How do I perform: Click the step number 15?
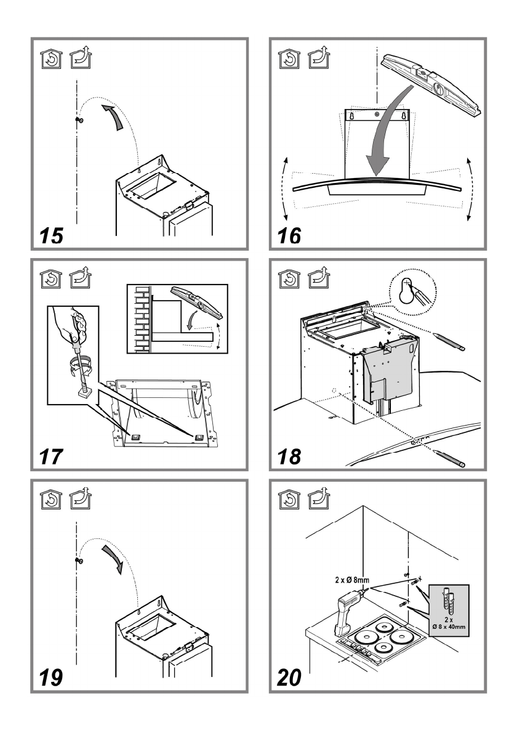(x=51, y=235)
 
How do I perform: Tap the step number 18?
(x=289, y=456)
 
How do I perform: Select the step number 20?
(x=289, y=678)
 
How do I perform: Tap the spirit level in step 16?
(x=431, y=83)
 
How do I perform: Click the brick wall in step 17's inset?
(x=141, y=319)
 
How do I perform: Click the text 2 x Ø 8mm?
(x=352, y=580)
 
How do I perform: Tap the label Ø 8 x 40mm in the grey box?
(x=448, y=627)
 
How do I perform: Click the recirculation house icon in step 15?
(x=51, y=59)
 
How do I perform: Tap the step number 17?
(x=51, y=456)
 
